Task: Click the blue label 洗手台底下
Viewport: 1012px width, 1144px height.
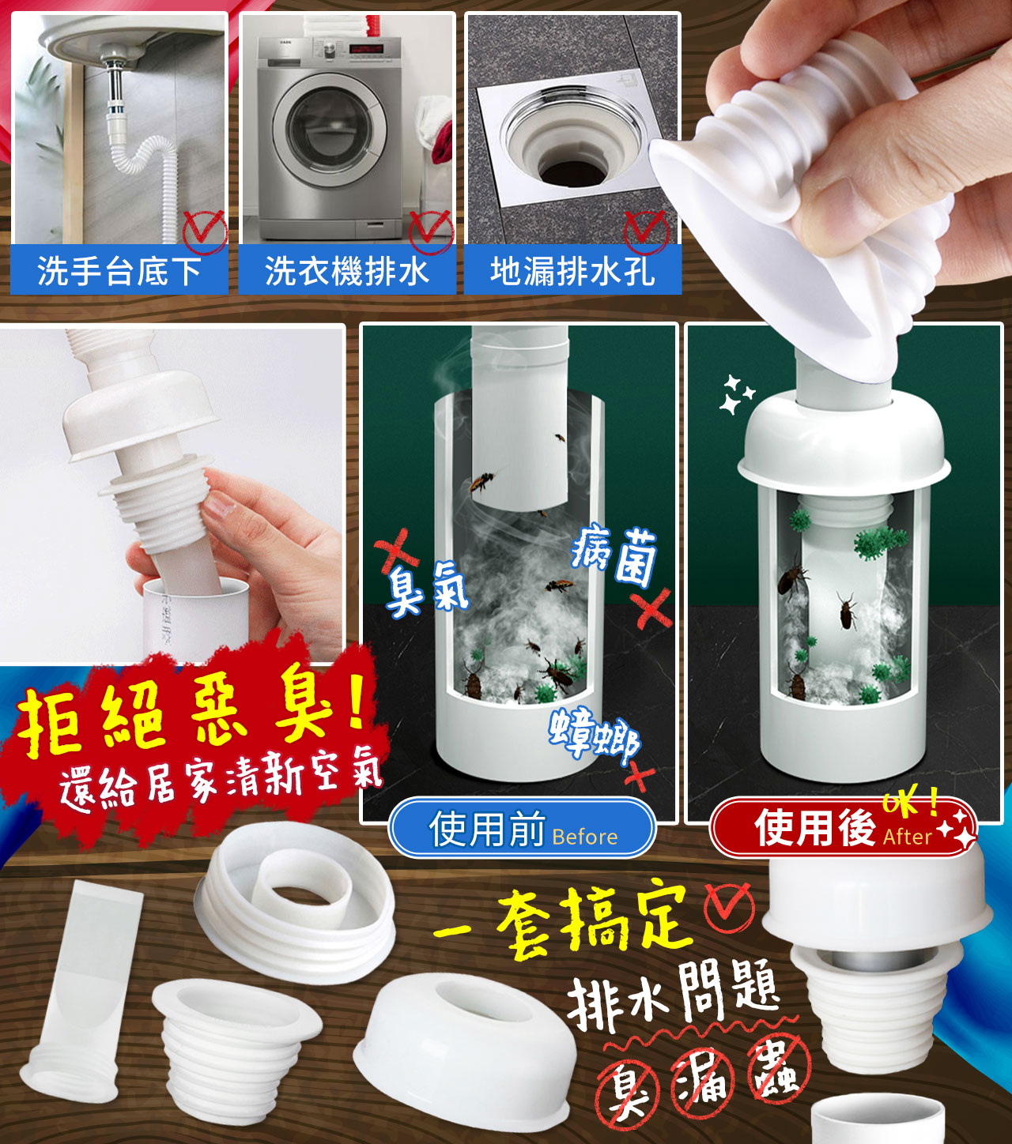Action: click(119, 270)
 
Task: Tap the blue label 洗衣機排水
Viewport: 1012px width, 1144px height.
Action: click(347, 270)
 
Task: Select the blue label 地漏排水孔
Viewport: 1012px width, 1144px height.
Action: click(572, 270)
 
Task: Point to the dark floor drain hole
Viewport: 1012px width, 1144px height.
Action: click(575, 171)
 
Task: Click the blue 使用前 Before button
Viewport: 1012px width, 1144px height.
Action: click(522, 828)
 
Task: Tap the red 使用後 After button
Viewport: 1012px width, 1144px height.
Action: click(843, 828)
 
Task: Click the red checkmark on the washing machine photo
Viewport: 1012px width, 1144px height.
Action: click(431, 231)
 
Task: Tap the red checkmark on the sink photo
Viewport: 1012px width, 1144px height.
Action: click(205, 231)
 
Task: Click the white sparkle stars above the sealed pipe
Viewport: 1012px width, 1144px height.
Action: click(736, 393)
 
